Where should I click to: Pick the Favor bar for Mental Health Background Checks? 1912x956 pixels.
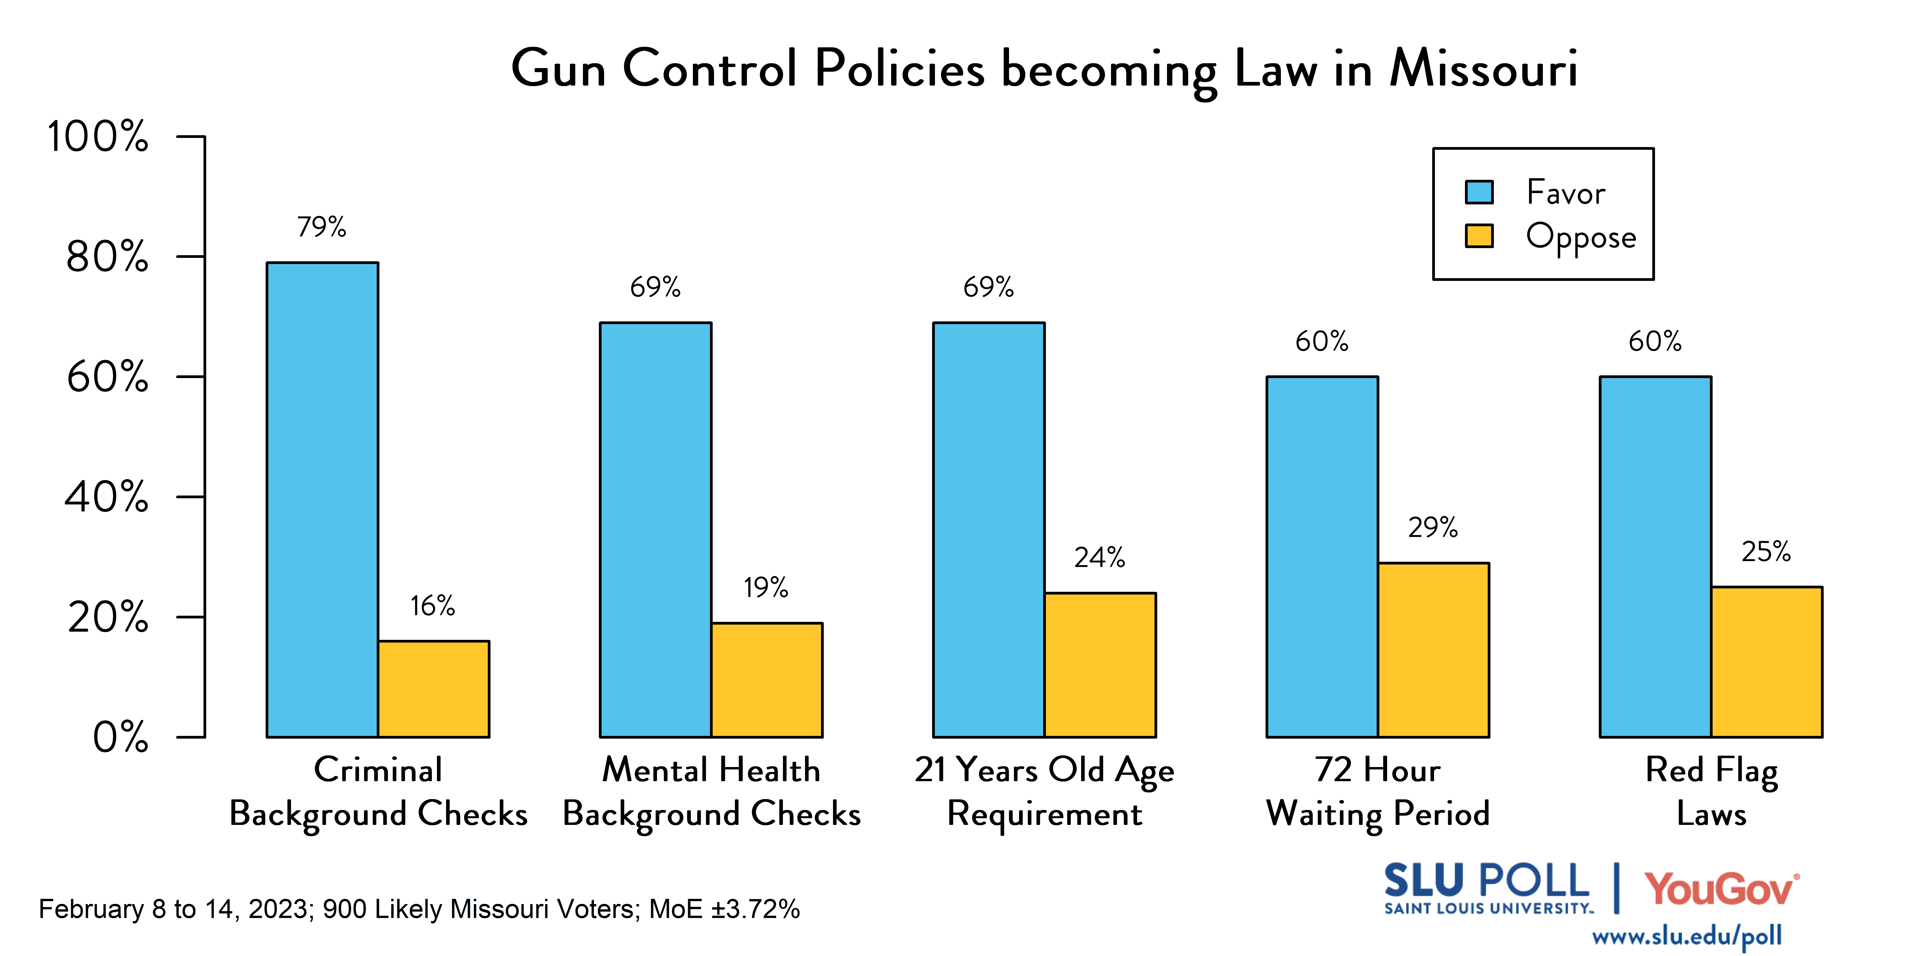pyautogui.click(x=655, y=529)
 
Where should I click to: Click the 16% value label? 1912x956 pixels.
pyautogui.click(x=433, y=606)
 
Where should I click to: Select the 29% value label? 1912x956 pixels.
pyautogui.click(x=1432, y=528)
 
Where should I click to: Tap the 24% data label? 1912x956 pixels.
pyautogui.click(x=1099, y=557)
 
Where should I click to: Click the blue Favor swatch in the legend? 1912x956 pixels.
pyautogui.click(x=1479, y=192)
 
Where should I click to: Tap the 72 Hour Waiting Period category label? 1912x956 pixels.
pyautogui.click(x=1378, y=792)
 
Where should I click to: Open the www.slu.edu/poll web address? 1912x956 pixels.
pyautogui.click(x=1686, y=936)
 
